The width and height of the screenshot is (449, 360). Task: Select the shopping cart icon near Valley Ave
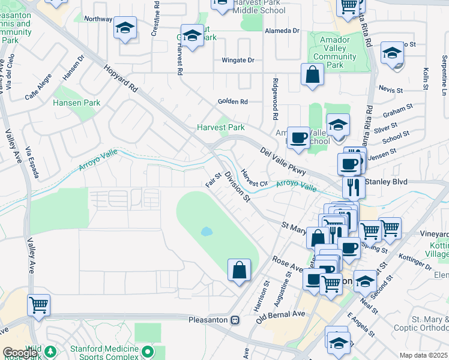pos(38,305)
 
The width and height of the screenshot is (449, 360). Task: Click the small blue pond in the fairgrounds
pos(206,231)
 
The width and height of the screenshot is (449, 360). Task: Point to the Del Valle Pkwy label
pos(283,162)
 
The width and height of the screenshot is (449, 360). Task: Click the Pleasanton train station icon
pos(236,320)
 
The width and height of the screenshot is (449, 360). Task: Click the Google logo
pos(19,353)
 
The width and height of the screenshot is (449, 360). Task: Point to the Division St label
pos(237,186)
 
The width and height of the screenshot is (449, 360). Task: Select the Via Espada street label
pos(33,162)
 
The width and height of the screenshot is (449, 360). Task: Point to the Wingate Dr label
pos(238,60)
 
